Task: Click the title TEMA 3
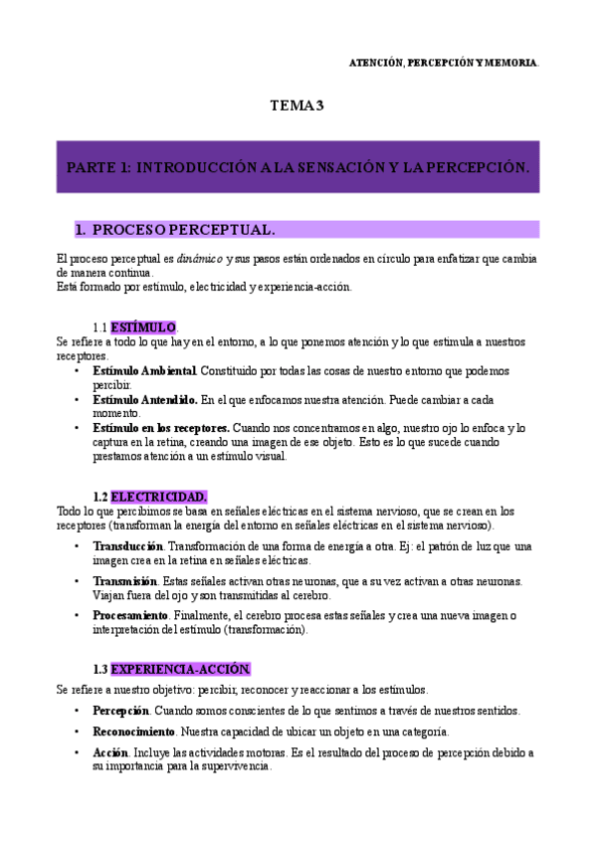tap(298, 105)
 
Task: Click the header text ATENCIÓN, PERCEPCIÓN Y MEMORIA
tap(443, 62)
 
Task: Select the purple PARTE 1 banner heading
tap(298, 167)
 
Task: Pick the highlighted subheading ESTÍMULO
tap(143, 327)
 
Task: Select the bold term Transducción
tap(127, 546)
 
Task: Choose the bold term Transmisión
tap(124, 581)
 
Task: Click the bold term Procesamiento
tap(130, 616)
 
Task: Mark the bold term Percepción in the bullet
tap(120, 711)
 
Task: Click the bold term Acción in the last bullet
tap(109, 752)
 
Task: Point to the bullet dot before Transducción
tap(78, 546)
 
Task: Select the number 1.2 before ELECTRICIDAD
tap(99, 497)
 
